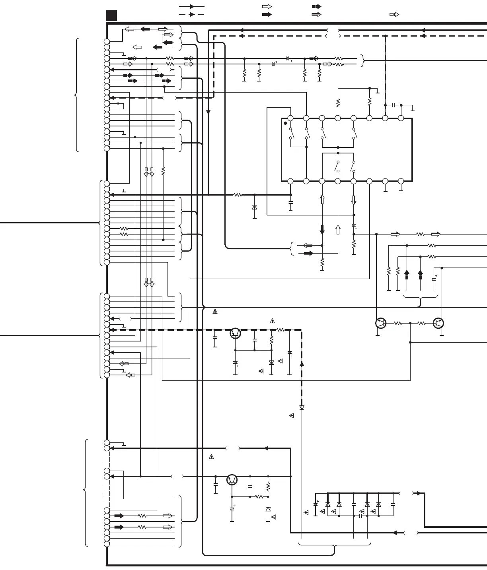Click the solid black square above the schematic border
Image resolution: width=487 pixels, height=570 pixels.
[111, 16]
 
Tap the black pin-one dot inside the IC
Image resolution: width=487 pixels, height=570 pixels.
[285, 123]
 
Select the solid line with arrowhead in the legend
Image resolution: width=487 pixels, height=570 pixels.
[191, 7]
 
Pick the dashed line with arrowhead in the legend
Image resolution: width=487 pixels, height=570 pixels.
[191, 14]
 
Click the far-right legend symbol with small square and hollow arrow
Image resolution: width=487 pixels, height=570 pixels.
[394, 15]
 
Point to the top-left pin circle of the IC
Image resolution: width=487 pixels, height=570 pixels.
[290, 118]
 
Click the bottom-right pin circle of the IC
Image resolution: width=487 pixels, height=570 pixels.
[401, 181]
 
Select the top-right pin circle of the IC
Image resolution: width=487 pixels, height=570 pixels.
[401, 118]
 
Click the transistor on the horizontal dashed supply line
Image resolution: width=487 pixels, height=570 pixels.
[236, 333]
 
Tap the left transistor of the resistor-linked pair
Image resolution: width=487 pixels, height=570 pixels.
[381, 323]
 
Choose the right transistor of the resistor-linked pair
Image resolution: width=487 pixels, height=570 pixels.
[438, 323]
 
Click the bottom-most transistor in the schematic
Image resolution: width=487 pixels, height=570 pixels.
[232, 480]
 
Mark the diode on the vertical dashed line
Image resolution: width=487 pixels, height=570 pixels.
[302, 407]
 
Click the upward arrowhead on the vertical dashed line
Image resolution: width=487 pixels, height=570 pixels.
[302, 363]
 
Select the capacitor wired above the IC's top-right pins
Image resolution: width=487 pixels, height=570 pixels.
[393, 105]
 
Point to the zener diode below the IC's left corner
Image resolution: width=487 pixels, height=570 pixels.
[255, 207]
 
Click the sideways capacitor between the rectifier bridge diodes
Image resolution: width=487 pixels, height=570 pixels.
[360, 516]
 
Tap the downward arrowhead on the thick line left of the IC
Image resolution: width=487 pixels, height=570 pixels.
[208, 112]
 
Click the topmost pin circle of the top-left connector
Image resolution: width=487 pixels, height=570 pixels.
[107, 41]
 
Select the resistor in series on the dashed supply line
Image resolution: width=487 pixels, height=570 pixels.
[281, 330]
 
